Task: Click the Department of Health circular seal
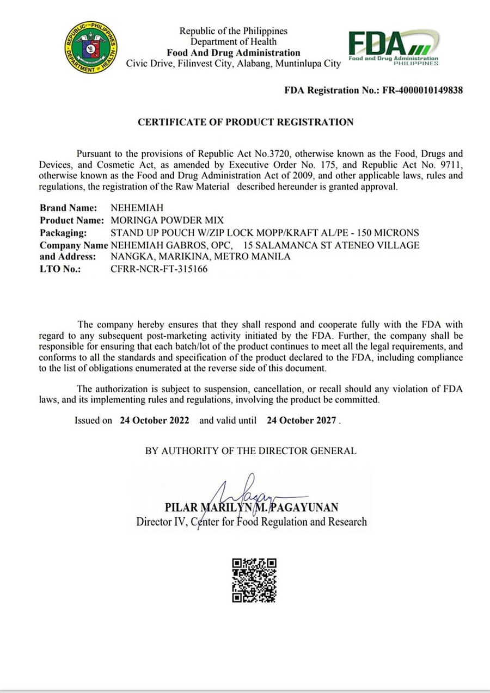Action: point(91,48)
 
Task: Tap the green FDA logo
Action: point(393,48)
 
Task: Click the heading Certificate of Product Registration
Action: point(246,122)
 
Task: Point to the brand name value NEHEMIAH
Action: point(137,208)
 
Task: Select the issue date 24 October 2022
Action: point(155,420)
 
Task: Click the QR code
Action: point(254,580)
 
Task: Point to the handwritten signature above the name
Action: point(250,492)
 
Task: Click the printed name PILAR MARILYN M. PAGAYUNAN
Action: point(252,508)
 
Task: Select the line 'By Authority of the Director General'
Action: point(250,451)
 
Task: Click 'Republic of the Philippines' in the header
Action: point(234,31)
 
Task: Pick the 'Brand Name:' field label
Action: point(69,208)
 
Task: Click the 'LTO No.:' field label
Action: point(60,269)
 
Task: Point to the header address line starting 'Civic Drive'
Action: point(234,64)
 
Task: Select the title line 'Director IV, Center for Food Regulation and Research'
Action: point(252,522)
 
